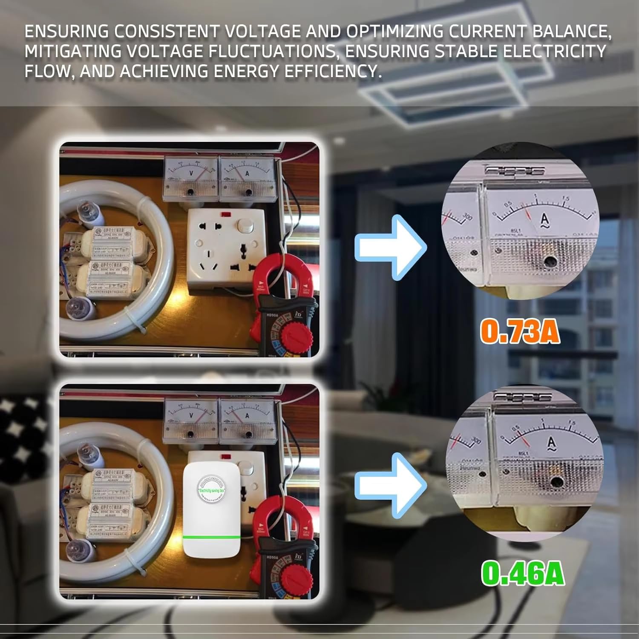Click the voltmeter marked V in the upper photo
190,178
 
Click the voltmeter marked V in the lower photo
190,420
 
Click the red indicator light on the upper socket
224,213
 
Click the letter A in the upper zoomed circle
544,220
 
